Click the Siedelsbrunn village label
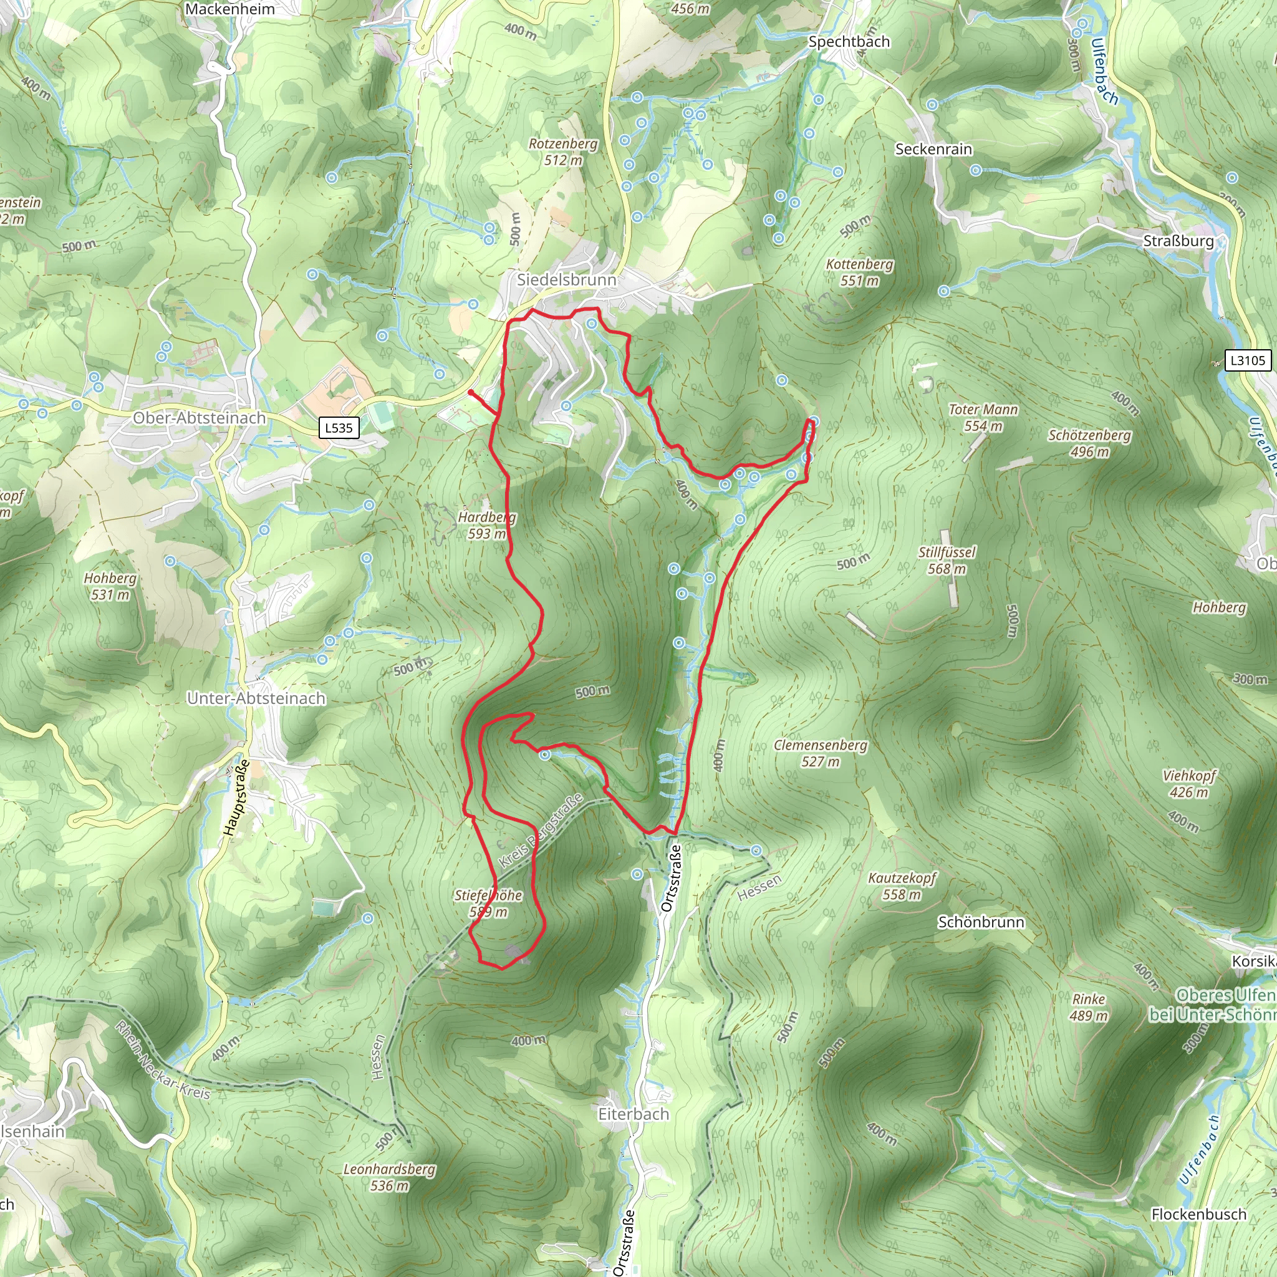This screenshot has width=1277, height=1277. click(x=566, y=279)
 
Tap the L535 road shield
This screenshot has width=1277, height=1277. click(x=339, y=428)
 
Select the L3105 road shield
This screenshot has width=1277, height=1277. click(x=1247, y=360)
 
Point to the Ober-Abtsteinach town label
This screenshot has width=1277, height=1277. click(x=200, y=418)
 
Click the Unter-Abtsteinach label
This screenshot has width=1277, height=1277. click(x=256, y=698)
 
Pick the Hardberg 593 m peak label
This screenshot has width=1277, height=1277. click(x=486, y=526)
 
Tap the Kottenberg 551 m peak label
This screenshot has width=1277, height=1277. click(x=859, y=272)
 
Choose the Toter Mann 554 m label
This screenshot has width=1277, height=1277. click(x=983, y=418)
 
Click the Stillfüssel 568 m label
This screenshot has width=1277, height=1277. click(x=947, y=561)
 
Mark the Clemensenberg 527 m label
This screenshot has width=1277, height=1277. click(x=821, y=753)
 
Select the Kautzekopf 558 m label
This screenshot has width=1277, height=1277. click(x=902, y=887)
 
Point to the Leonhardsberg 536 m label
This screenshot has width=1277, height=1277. click(x=389, y=1177)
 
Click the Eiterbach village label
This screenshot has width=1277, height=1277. click(x=634, y=1114)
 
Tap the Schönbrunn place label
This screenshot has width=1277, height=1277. click(x=981, y=922)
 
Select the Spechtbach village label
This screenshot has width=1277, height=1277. click(x=849, y=42)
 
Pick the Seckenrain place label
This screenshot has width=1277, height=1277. click(x=933, y=150)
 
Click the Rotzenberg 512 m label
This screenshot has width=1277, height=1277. click(x=563, y=152)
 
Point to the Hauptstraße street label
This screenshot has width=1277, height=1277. click(x=236, y=799)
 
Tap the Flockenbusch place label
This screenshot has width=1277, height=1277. click(x=1198, y=1214)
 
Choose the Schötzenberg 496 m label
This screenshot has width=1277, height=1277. click(x=1089, y=443)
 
